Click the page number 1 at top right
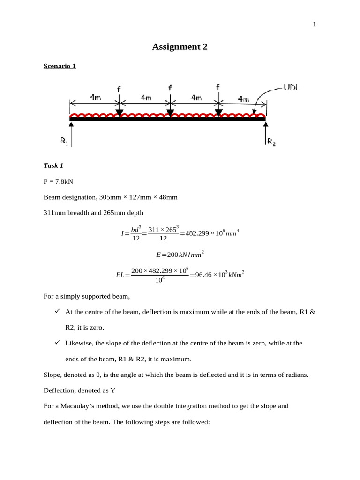315,25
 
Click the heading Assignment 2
180,46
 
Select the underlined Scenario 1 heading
60,66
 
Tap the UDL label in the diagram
292,88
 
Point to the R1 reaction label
64,140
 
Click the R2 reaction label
271,141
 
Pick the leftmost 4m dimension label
95,97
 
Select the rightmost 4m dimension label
244,98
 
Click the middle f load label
170,88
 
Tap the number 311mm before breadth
53,213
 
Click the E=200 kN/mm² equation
180,255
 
